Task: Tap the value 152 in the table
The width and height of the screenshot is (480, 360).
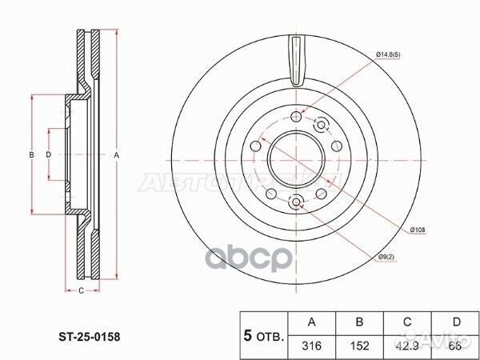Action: (359, 346)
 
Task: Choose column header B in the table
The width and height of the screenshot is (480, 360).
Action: (359, 322)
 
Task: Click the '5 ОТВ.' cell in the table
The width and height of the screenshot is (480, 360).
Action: (262, 335)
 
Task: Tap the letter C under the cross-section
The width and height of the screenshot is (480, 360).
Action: (82, 290)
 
